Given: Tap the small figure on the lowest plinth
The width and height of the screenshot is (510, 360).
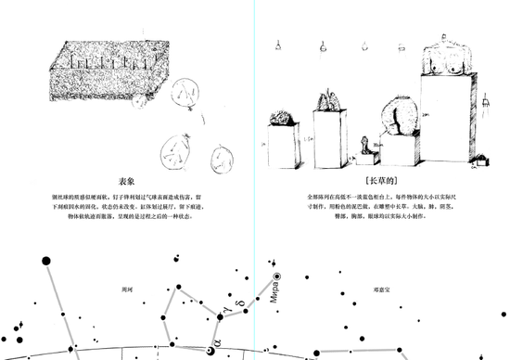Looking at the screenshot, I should [x=364, y=146].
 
